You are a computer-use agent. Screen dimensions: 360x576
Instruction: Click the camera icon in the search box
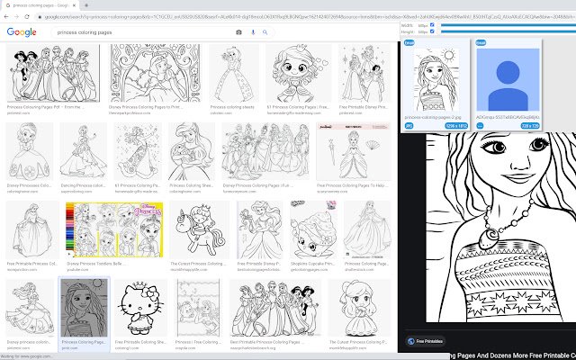pyautogui.click(x=238, y=32)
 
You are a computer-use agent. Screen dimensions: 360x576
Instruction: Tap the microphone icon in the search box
pyautogui.click(x=253, y=32)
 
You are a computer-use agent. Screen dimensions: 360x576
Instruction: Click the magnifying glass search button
pyautogui.click(x=266, y=32)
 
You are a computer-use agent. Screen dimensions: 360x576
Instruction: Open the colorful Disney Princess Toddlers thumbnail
pyautogui.click(x=92, y=229)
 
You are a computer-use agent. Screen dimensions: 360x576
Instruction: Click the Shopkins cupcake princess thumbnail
pyautogui.click(x=311, y=229)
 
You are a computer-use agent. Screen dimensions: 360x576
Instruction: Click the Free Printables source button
pyautogui.click(x=429, y=341)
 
